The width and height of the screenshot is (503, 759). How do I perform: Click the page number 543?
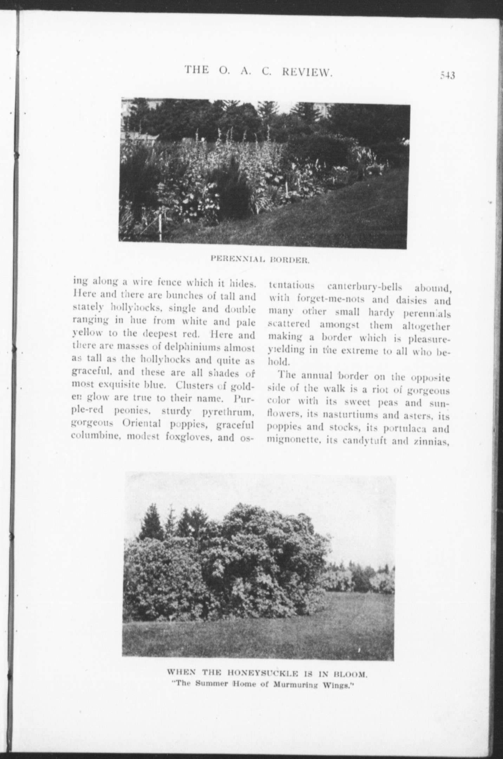point(448,76)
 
